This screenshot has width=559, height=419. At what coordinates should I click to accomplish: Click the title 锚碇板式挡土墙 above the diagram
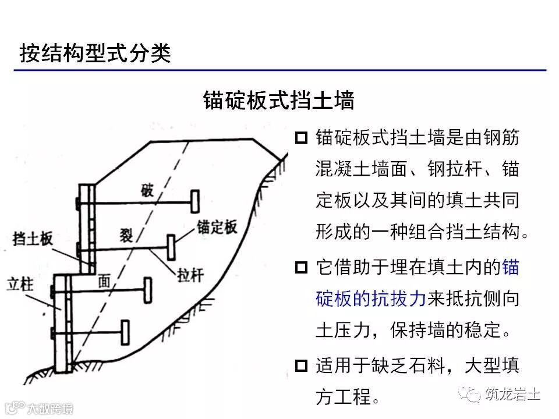pos(279,100)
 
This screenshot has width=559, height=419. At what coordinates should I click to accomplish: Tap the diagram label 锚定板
pos(217,227)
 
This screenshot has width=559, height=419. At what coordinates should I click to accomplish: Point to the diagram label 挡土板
pos(33,237)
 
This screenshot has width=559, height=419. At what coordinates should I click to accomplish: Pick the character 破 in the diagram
pos(148,190)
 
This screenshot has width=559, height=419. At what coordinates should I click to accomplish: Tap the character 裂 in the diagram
pos(126,235)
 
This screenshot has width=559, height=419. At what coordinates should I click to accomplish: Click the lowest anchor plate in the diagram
pos(124,332)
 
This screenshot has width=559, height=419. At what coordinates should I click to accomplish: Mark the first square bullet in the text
pos(300,138)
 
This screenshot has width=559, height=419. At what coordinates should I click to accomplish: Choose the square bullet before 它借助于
pos(300,268)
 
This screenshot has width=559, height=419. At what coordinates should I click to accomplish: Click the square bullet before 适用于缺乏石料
pos(300,366)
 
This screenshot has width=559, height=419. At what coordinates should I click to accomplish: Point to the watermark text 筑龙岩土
pos(512,395)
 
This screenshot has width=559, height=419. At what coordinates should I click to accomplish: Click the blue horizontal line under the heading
pos(279,70)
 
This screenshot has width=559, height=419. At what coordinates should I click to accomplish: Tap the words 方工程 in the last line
pos(344,397)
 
